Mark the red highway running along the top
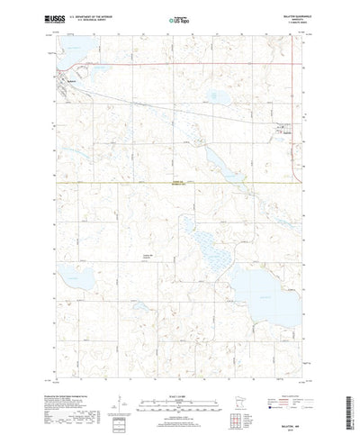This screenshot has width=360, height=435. click(180, 64)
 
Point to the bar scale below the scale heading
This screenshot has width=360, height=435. click(179, 376)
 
